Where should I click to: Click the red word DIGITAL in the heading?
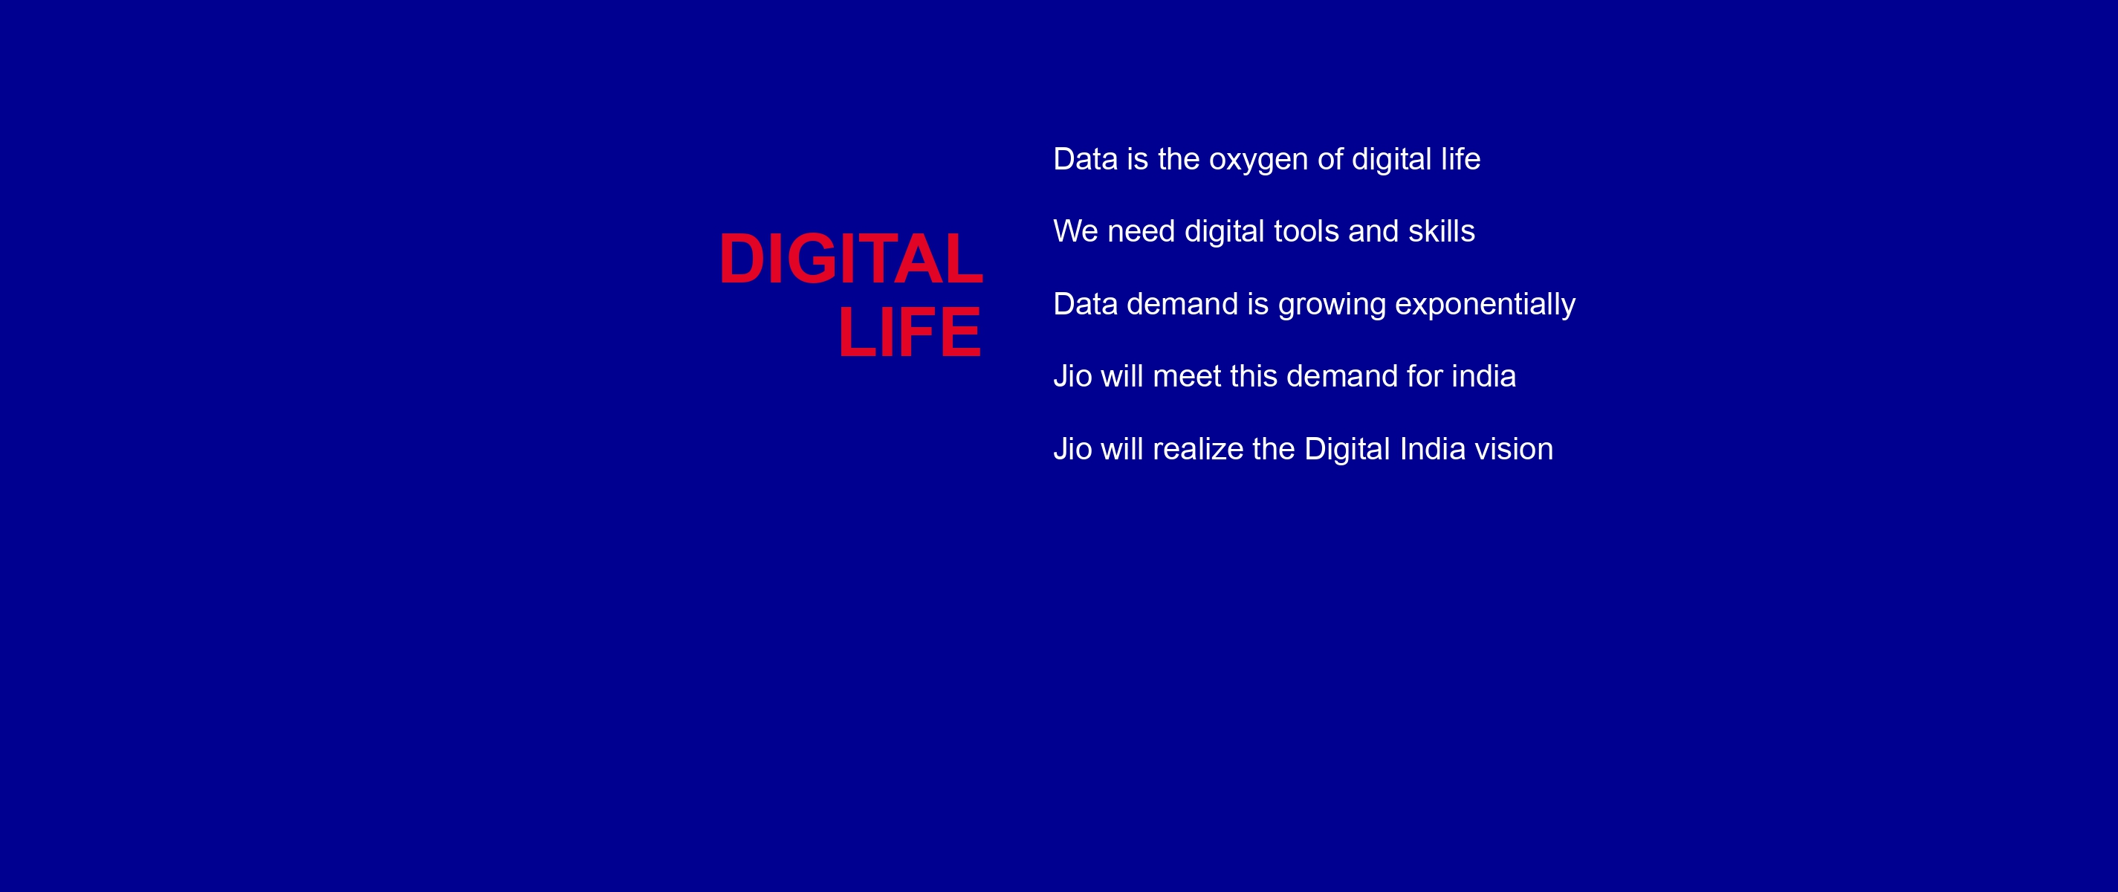coord(851,259)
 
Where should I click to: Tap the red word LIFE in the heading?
coord(910,332)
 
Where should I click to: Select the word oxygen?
coord(1259,161)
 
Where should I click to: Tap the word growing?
coord(1332,306)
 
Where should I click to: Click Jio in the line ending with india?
coord(1072,377)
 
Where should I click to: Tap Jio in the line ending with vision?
coord(1072,449)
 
